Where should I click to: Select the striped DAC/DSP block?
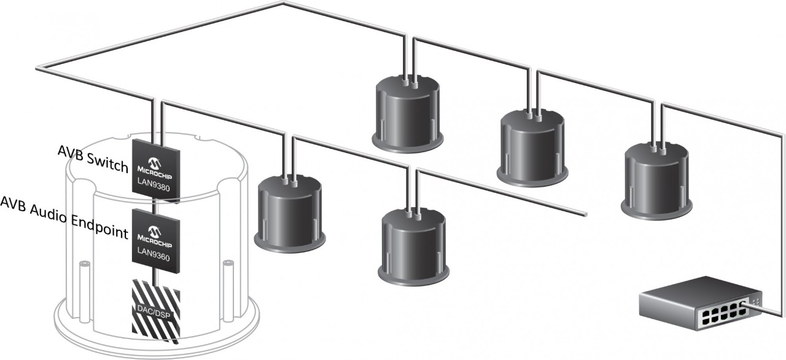pos(156,310)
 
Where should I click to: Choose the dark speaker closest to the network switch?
pos(658,181)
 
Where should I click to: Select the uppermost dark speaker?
pos(409,114)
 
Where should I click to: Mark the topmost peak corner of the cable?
pos(283,4)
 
